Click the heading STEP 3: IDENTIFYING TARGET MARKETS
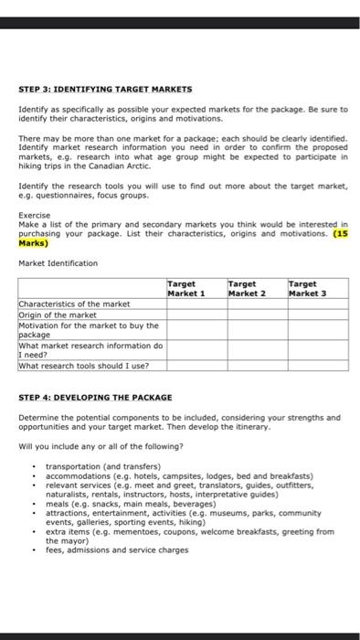click(x=105, y=89)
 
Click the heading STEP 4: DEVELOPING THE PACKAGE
click(x=95, y=397)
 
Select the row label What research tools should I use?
click(x=84, y=366)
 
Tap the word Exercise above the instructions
click(x=34, y=215)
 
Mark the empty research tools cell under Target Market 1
click(x=196, y=366)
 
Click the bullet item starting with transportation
click(x=102, y=467)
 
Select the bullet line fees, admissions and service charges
click(x=117, y=549)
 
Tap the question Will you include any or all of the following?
click(x=100, y=446)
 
